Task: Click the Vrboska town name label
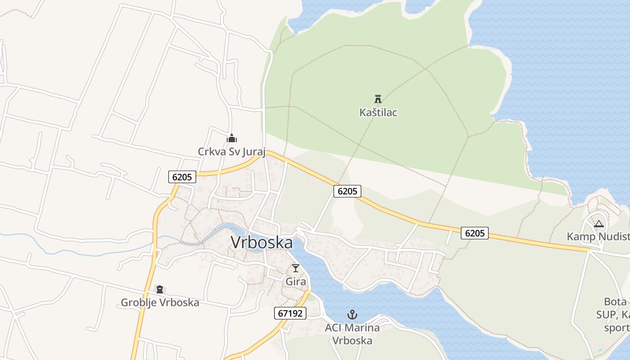pos(261,243)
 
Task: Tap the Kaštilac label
pos(378,112)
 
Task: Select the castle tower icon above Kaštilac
pos(378,99)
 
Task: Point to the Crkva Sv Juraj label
pos(232,152)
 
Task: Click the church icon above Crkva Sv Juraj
pos(232,138)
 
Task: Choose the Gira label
pos(296,282)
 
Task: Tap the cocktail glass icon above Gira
pos(296,268)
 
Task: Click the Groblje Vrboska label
pos(160,302)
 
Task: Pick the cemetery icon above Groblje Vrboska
pos(160,289)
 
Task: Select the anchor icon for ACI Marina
pos(352,315)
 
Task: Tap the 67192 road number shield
pos(290,313)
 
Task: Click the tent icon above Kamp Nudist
pos(598,224)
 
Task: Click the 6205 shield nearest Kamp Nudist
pos(475,233)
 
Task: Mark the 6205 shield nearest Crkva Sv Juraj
pos(182,177)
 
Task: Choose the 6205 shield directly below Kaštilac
pos(347,191)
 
